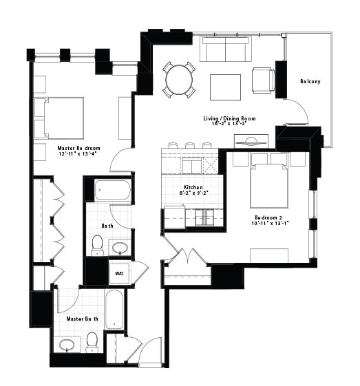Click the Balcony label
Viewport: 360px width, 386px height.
coord(310,81)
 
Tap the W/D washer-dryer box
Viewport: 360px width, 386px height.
coord(119,273)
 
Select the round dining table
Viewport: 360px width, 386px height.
coord(179,80)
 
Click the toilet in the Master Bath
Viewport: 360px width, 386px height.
coord(92,342)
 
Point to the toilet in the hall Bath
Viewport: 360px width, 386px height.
coord(97,245)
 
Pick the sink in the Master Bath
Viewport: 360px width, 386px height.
coord(67,345)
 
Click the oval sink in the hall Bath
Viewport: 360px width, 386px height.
coord(120,248)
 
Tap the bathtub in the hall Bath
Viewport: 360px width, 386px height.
coord(113,190)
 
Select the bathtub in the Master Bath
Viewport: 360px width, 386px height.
coord(114,309)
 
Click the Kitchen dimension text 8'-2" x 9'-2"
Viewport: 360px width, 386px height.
coord(194,193)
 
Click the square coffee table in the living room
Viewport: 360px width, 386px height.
coord(225,87)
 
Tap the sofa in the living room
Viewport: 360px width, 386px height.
coord(226,49)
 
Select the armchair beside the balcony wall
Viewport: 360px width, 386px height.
coord(263,81)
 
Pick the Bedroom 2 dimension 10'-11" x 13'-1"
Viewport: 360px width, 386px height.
coord(270,224)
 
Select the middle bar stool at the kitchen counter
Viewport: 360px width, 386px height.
coord(190,145)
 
